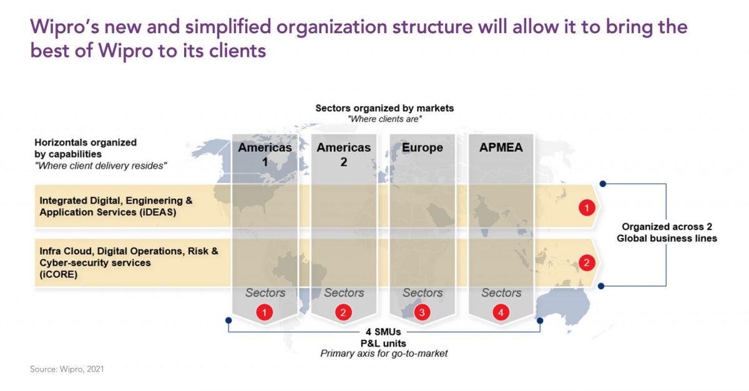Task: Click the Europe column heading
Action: click(x=423, y=148)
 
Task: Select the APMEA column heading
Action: click(x=501, y=147)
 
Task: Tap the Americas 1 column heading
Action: click(x=265, y=154)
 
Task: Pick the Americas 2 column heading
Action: click(x=344, y=154)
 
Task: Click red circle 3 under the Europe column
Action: click(x=422, y=312)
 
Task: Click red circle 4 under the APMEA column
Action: click(x=501, y=312)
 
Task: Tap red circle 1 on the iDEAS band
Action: click(x=587, y=208)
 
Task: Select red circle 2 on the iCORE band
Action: click(x=587, y=262)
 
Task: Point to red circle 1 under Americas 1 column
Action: click(x=265, y=312)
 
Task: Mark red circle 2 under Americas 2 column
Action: click(x=343, y=312)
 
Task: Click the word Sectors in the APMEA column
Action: click(x=501, y=293)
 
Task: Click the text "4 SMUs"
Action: click(x=383, y=332)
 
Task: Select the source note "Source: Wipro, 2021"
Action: click(x=67, y=369)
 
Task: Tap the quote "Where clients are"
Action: click(x=384, y=119)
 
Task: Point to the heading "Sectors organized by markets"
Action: click(x=384, y=108)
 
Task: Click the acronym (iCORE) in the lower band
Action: click(x=59, y=274)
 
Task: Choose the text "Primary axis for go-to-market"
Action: click(x=384, y=354)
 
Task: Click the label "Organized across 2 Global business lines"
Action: click(x=667, y=232)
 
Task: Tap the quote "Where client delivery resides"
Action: click(x=100, y=166)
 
